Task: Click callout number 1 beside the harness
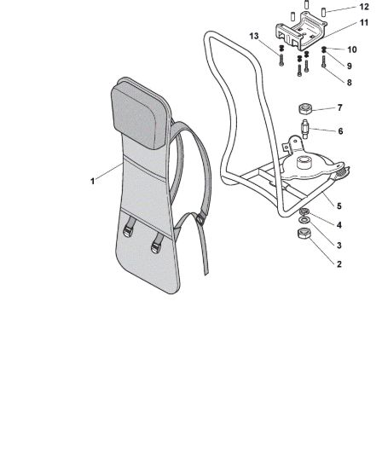92,181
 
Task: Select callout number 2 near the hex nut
339,264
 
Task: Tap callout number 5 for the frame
339,206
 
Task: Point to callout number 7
339,107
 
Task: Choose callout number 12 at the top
364,7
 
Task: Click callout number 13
254,36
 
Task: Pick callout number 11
364,23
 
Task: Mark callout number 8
349,82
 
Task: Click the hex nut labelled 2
304,234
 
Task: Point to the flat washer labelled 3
304,221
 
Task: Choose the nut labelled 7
305,108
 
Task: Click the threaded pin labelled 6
305,129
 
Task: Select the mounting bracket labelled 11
301,32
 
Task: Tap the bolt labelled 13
281,60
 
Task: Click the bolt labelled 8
323,61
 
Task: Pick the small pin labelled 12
323,12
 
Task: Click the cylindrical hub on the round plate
304,162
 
